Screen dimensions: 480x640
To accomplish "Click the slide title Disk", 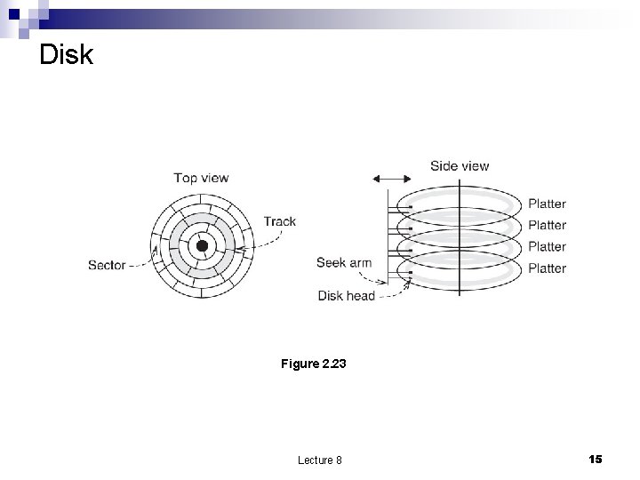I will pos(66,55).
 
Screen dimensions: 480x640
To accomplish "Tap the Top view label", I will pos(201,178).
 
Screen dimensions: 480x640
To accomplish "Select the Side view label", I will pos(459,165).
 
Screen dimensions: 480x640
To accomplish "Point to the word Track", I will pos(279,221).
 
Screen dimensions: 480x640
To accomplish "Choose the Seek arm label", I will pos(343,262).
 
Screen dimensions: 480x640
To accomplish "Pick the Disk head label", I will pos(347,296).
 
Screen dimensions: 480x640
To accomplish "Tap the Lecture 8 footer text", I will pos(320,460).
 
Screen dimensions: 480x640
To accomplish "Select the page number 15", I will pos(595,459).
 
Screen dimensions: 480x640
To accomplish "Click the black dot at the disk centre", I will pos(202,245).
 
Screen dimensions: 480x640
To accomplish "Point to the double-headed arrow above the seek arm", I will pos(392,179).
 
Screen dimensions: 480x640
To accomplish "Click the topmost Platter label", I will pos(547,204).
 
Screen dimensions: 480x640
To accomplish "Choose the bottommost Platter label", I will pos(547,268).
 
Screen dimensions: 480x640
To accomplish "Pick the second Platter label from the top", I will pos(547,225).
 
